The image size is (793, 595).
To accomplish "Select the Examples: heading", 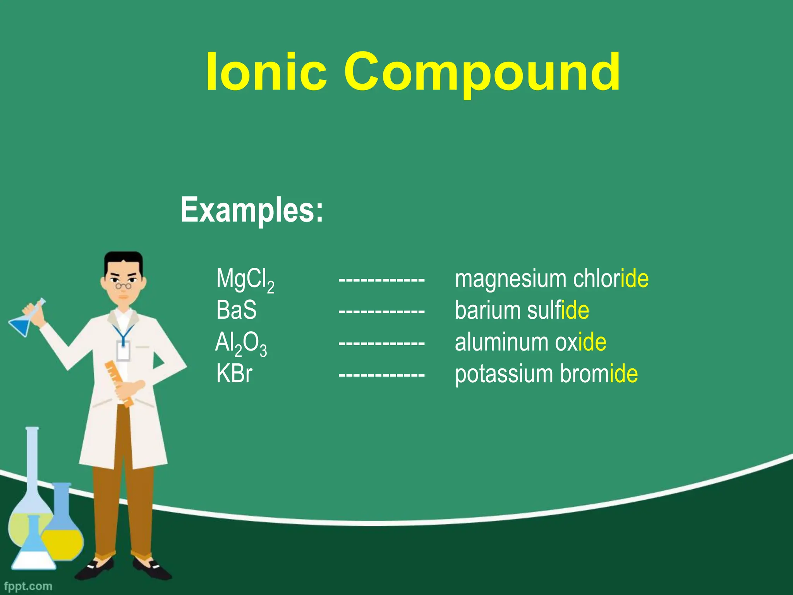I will click(252, 210).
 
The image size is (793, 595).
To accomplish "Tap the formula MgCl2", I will click(245, 280).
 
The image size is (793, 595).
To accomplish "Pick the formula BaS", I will click(236, 310).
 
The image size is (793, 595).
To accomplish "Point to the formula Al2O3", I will click(241, 344).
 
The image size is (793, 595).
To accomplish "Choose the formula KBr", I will click(234, 374).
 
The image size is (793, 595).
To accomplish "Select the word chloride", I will click(611, 279).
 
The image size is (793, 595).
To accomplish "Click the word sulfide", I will click(558, 310).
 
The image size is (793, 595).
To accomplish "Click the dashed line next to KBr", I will click(381, 375).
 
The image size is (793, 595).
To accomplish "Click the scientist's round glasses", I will click(123, 286).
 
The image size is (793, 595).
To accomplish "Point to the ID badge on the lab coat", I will click(123, 351).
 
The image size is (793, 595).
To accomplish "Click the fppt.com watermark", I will click(28, 586).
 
